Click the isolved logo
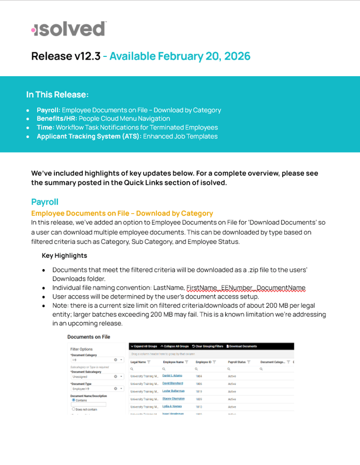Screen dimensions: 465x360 click(x=69, y=29)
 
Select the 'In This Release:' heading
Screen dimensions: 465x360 click(x=57, y=95)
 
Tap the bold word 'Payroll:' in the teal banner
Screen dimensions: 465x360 click(x=48, y=110)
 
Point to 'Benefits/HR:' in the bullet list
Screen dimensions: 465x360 click(x=56, y=119)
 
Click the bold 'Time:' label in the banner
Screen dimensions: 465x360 click(x=46, y=127)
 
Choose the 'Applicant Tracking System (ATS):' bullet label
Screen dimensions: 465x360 click(x=89, y=136)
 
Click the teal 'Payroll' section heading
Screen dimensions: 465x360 click(x=45, y=202)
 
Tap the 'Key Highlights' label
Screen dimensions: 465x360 click(x=64, y=255)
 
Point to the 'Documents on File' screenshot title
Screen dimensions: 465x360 click(x=89, y=337)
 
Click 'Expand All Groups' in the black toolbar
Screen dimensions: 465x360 click(x=145, y=346)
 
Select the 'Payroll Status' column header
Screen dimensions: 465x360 click(x=236, y=362)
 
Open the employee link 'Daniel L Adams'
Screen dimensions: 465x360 click(x=172, y=376)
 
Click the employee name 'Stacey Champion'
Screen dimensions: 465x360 click(x=173, y=398)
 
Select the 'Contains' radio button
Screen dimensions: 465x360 click(x=74, y=400)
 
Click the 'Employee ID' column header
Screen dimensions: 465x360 click(x=204, y=362)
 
